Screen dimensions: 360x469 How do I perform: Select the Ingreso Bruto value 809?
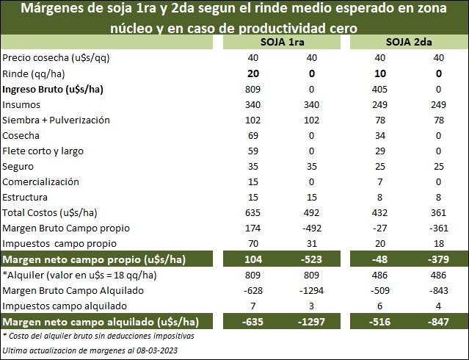(252, 89)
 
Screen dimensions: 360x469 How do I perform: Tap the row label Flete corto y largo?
(43, 151)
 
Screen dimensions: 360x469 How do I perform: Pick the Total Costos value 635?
(252, 212)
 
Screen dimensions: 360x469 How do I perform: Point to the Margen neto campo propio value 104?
(252, 259)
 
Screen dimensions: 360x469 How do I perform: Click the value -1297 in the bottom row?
(311, 321)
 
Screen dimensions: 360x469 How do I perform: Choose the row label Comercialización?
(40, 181)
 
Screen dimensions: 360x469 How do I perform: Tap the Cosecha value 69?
(252, 135)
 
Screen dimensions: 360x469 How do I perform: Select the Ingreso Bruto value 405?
(380, 89)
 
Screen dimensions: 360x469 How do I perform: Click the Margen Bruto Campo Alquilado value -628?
(252, 290)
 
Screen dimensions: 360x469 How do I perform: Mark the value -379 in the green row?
(438, 259)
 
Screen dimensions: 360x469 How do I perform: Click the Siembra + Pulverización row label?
(56, 120)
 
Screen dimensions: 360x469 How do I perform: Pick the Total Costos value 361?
(438, 212)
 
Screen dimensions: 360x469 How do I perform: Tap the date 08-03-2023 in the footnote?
(150, 350)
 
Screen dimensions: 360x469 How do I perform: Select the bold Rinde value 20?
(252, 73)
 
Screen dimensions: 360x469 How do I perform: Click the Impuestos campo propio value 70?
(252, 243)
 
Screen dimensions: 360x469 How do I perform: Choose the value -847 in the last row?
(438, 321)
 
